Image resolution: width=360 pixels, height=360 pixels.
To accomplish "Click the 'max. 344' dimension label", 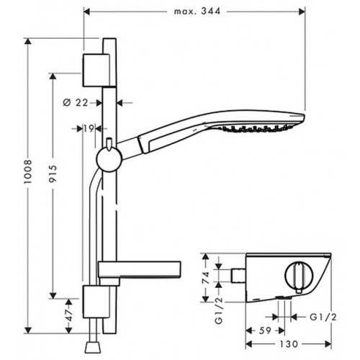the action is point(197,12).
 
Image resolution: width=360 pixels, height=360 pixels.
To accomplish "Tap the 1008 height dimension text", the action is point(28,171).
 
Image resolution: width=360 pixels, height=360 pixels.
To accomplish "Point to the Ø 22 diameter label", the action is point(76,103).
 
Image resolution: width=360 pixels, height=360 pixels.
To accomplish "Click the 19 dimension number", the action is point(89,129).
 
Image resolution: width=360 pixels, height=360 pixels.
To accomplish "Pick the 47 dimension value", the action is point(69,315).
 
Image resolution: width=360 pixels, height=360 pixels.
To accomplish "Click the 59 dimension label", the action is point(265,330).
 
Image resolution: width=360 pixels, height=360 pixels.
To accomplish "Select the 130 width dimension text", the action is point(289,344).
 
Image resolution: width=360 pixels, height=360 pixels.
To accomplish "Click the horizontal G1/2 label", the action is point(323,318).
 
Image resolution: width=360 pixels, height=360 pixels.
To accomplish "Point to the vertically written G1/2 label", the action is point(219,311).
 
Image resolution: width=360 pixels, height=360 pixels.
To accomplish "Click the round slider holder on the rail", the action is point(109,159).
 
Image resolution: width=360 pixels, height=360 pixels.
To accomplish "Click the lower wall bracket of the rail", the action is point(96,302).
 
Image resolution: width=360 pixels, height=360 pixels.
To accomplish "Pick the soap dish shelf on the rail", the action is point(140,270).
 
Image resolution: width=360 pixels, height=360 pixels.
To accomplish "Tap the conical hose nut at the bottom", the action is point(92,348).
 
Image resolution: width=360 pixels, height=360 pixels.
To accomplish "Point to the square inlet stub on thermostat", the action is point(238,276).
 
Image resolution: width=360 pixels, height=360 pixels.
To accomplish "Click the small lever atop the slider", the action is point(109,144).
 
